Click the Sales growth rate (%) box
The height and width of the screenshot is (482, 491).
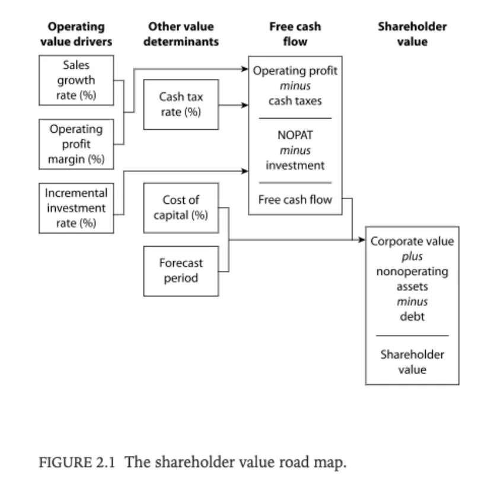coord(76,81)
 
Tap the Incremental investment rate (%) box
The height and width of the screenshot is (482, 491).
coord(76,208)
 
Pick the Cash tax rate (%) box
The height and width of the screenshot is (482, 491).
coord(181,104)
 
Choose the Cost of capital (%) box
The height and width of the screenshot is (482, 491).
coord(181,208)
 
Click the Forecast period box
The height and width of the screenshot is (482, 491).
coord(181,270)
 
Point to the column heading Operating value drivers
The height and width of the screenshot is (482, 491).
coord(76,34)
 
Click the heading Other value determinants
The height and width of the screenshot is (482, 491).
coord(181,34)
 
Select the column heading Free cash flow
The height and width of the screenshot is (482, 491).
coord(295,34)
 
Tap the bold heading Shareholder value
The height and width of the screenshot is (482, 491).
coord(412,34)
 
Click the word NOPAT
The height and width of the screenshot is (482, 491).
coord(295,135)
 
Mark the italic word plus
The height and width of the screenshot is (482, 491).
coord(412,257)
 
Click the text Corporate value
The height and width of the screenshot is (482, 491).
coord(412,241)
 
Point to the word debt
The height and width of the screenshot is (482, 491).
coord(412,317)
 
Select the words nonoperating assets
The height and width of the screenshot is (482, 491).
coord(412,279)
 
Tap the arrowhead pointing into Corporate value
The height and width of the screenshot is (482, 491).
coord(362,240)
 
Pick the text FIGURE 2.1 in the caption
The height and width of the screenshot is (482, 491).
coord(78,462)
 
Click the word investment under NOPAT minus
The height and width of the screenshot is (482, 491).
coord(295,165)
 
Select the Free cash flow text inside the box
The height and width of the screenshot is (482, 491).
coord(295,200)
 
